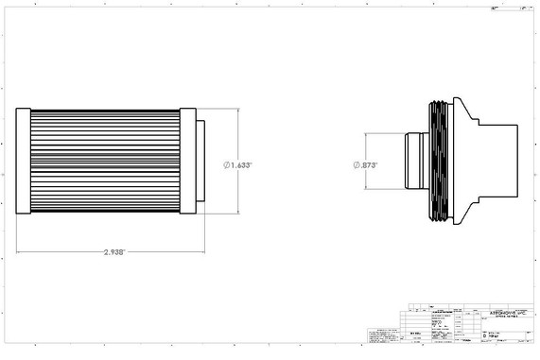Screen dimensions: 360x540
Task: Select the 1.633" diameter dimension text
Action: [x=241, y=164]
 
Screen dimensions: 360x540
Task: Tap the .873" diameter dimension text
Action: [x=369, y=164]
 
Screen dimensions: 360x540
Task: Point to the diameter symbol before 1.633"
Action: [x=228, y=164]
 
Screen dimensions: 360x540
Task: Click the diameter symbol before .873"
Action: [x=357, y=164]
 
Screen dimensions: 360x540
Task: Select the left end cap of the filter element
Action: [x=24, y=163]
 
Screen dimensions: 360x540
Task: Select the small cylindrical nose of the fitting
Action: [x=412, y=163]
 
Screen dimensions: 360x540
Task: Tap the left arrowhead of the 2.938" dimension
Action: [x=19, y=252]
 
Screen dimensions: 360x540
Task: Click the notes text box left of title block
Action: [x=383, y=335]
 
